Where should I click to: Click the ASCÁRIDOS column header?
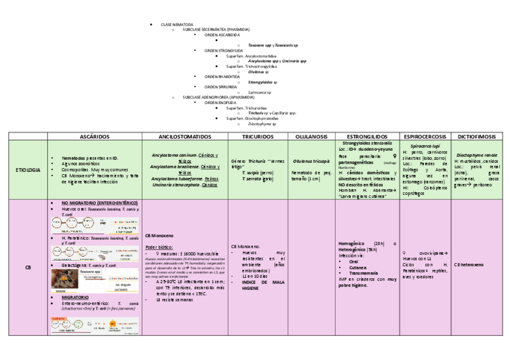[95, 137]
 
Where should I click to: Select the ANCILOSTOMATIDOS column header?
[185, 137]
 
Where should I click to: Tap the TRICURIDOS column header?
[258, 137]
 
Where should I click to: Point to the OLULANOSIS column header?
[311, 137]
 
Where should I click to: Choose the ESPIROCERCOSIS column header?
[425, 137]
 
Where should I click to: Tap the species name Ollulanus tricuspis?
[311, 161]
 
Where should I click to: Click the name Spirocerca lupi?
[425, 146]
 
